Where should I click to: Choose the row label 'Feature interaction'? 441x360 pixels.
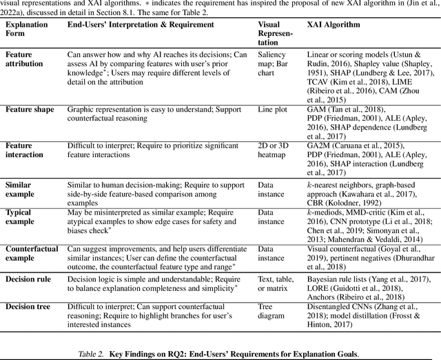click(27, 150)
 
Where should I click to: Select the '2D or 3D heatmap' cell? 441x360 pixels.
click(275, 150)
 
